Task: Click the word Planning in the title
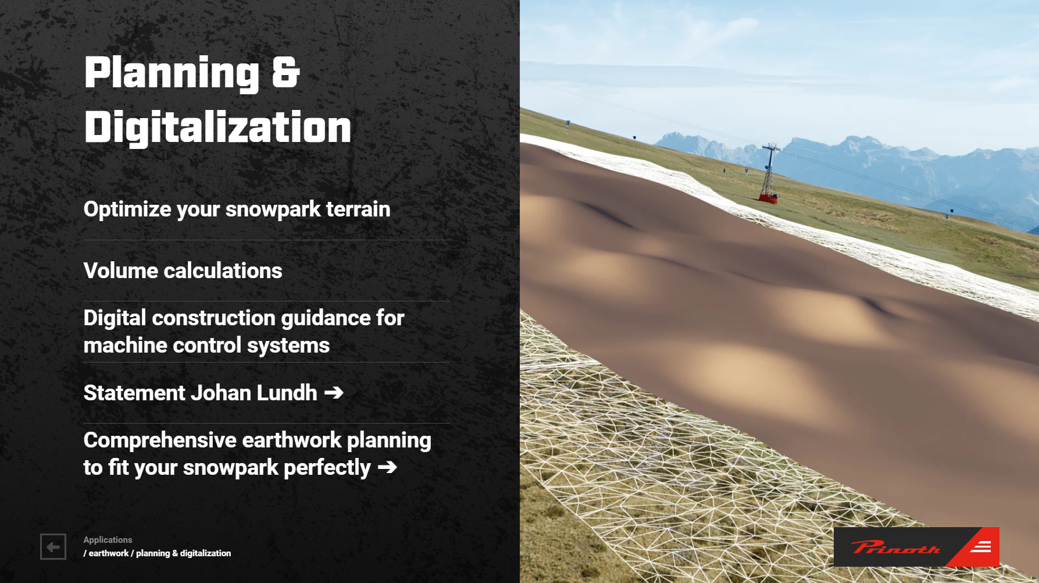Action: (172, 73)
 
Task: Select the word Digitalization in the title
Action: (217, 127)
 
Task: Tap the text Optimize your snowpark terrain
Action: (237, 209)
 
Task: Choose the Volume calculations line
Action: (183, 271)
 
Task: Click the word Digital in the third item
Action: (115, 318)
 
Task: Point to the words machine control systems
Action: (206, 346)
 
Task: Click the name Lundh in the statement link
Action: (287, 393)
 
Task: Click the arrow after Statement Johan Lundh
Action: (334, 393)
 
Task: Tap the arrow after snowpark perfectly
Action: (387, 467)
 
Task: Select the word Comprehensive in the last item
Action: (160, 440)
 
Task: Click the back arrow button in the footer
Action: (53, 546)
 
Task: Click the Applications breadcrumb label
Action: (108, 540)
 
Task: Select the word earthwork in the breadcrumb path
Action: (109, 553)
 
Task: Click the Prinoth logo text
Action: (895, 547)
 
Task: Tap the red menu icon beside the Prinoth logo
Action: (980, 547)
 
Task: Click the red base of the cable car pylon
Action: (768, 199)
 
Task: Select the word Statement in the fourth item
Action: (134, 393)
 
